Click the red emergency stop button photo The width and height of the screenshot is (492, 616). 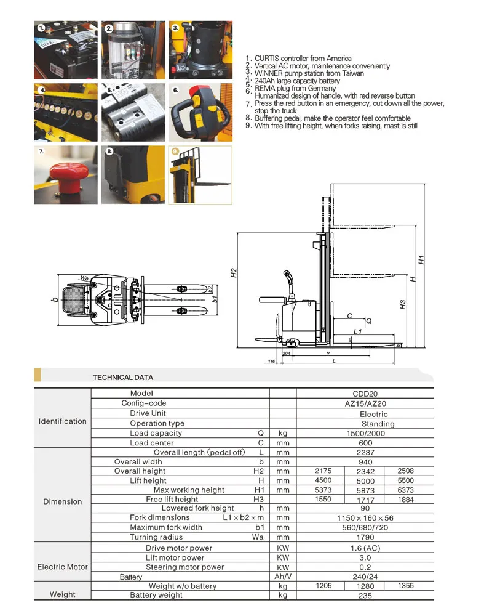coord(66,175)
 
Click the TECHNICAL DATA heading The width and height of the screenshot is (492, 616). coord(122,377)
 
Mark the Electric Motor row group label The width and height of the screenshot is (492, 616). coord(62,567)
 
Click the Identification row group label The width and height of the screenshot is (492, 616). coord(62,421)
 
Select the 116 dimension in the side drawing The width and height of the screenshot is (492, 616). coord(271,361)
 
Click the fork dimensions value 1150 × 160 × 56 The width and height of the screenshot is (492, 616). coord(365,518)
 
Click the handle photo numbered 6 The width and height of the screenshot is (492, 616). coord(200,113)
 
